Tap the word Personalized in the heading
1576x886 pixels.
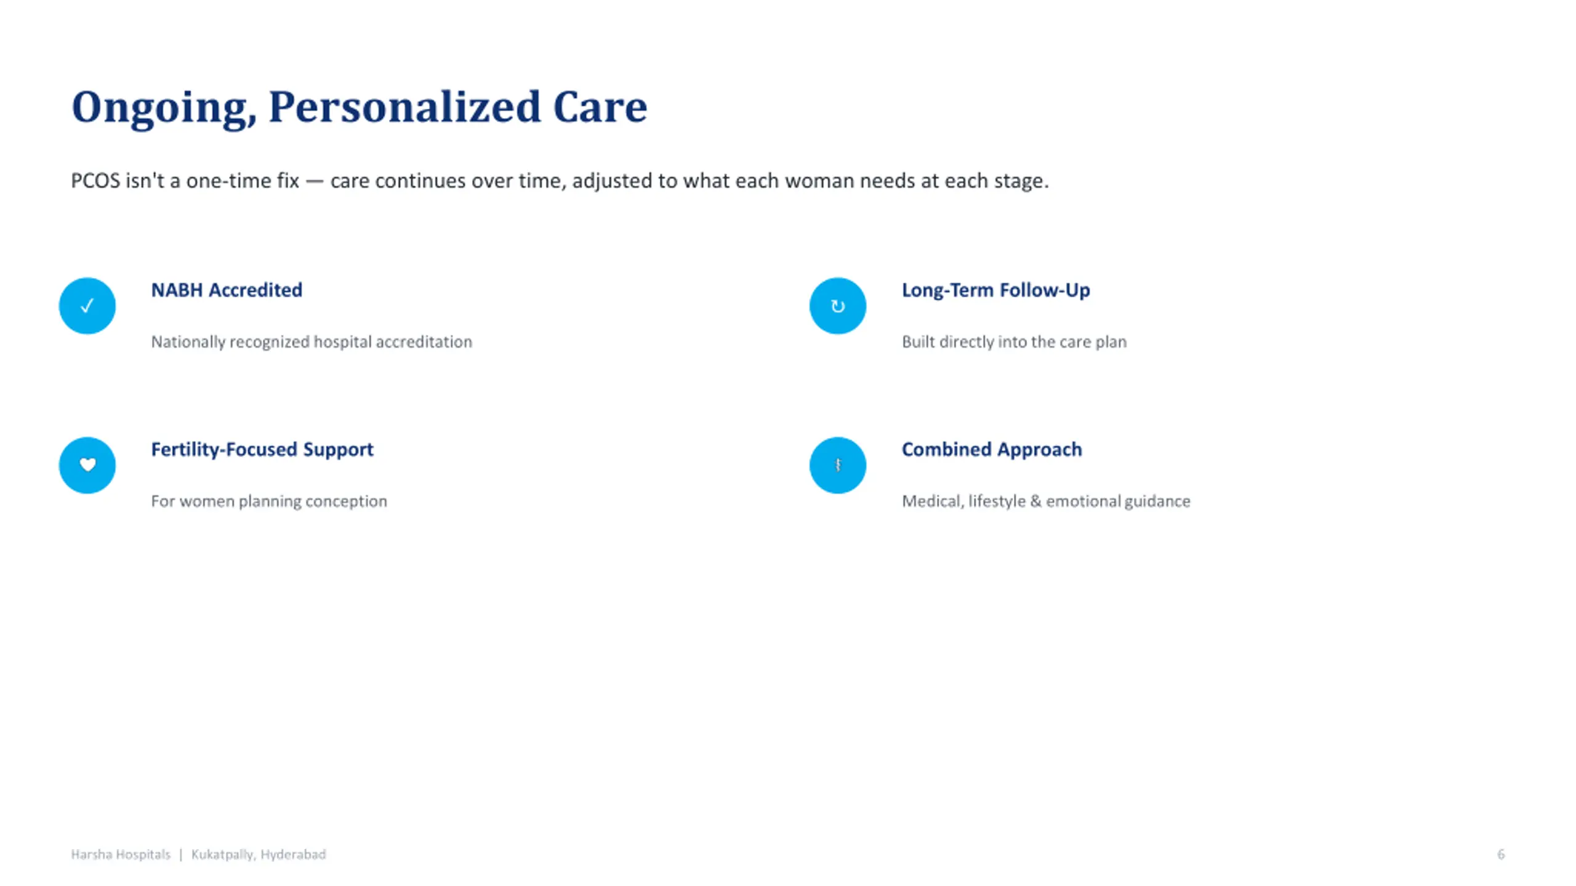[404, 107]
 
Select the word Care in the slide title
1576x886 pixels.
[600, 107]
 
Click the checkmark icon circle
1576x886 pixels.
[87, 306]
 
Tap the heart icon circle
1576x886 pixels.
[87, 465]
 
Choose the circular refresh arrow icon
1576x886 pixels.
[838, 306]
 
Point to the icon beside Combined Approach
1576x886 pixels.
[838, 465]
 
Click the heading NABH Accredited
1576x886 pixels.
[227, 290]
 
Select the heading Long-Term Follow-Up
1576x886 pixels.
[995, 290]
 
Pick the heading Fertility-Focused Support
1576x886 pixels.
[262, 450]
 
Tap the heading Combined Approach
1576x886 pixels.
[992, 450]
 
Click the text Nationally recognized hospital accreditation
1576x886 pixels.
[312, 342]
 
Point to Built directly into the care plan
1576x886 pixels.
[1014, 342]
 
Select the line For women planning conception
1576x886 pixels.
[269, 501]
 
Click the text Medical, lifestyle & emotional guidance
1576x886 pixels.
[1046, 501]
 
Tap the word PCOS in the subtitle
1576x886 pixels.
[95, 181]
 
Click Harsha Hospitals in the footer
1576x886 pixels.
[121, 855]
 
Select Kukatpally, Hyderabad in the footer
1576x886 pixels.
[259, 855]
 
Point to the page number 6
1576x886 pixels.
[1501, 855]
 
